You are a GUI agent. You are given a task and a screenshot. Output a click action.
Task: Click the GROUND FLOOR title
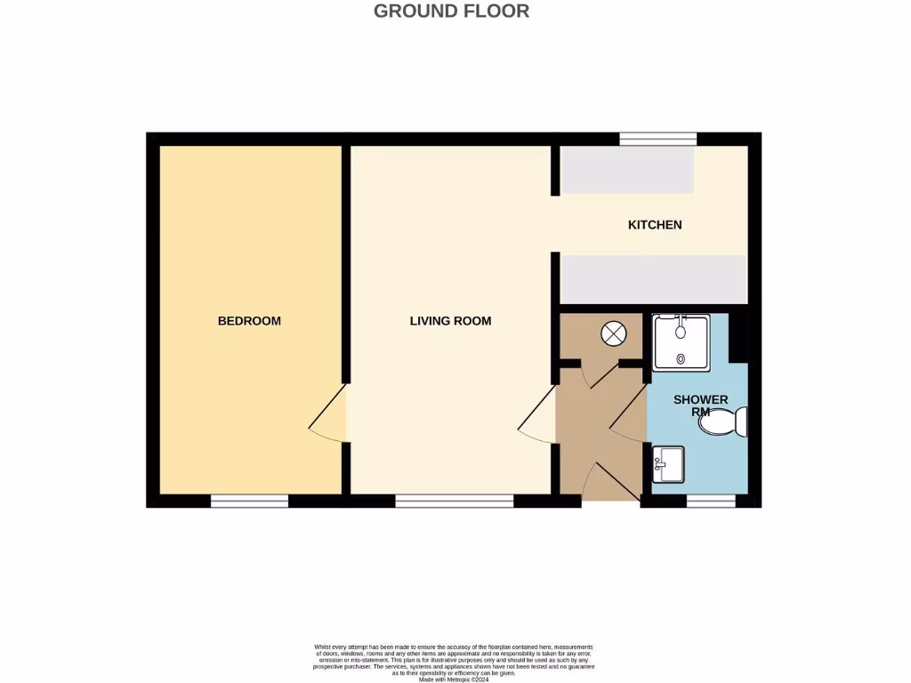[451, 12]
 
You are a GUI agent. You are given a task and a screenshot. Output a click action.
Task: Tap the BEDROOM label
[249, 321]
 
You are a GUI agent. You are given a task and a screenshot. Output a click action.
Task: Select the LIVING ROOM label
[450, 321]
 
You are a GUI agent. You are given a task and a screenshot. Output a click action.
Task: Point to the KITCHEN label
[655, 225]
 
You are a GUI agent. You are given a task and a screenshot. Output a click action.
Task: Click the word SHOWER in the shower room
[700, 400]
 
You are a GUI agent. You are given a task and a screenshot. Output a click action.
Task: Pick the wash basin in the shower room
[667, 463]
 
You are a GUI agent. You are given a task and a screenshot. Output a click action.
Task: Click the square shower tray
[681, 341]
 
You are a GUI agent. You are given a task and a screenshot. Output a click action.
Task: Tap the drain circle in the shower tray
[681, 359]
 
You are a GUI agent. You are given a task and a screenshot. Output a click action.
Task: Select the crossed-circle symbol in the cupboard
[613, 334]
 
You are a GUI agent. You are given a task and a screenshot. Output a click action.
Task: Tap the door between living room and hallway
[537, 418]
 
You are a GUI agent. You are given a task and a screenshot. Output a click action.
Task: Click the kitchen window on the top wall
[657, 139]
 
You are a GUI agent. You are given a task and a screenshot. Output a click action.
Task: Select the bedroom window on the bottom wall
[249, 502]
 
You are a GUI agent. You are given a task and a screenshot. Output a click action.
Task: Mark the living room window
[454, 502]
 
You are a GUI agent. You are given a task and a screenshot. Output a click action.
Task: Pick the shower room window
[711, 502]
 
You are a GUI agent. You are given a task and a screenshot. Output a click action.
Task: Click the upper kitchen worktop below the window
[627, 170]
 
